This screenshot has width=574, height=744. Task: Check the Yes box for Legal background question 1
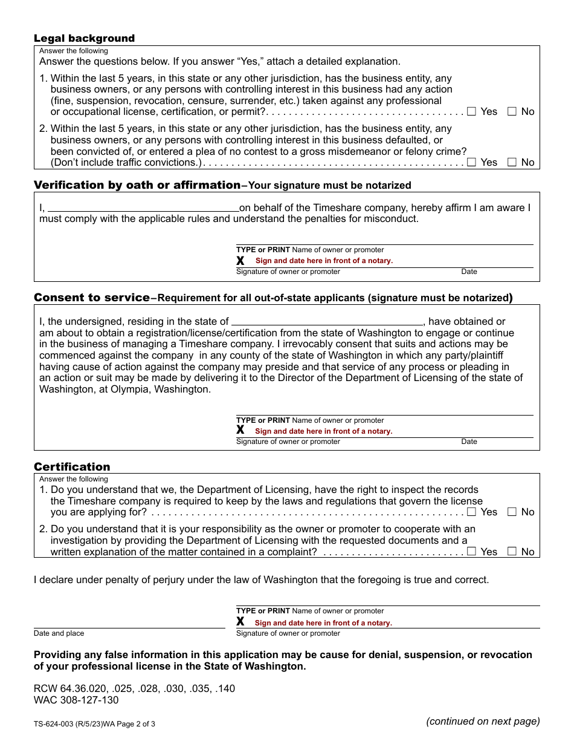472,111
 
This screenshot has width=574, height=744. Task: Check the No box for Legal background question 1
512,111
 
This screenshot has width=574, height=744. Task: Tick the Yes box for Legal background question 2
472,162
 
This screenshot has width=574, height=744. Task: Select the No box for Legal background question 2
512,162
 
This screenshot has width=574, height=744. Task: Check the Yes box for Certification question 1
472,512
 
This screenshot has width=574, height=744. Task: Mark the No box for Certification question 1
512,512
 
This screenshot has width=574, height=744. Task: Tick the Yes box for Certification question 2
472,552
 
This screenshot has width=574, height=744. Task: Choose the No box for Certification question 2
512,552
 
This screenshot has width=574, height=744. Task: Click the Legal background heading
84,39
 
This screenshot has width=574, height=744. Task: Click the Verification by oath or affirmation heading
137,185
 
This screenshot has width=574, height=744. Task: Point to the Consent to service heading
92,298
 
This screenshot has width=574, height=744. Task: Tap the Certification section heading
72,467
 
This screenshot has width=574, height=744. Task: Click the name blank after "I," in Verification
143,207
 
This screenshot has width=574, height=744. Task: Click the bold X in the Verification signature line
240,261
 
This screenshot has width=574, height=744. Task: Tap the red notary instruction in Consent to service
323,431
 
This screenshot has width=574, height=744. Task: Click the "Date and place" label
59,633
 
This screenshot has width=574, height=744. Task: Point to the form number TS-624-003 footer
94,723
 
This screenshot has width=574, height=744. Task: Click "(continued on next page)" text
483,721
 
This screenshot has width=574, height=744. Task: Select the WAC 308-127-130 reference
76,700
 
